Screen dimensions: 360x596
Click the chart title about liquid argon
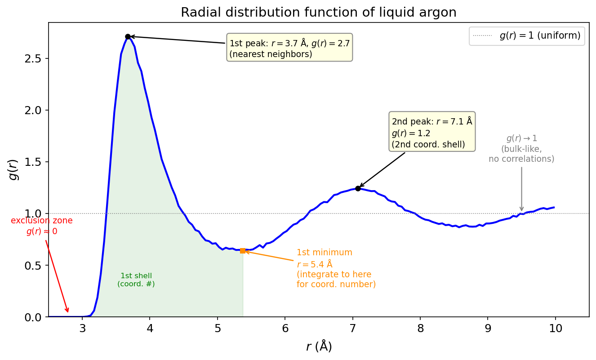(x=318, y=13)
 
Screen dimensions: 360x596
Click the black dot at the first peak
(x=128, y=36)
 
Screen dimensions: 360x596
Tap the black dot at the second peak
(x=358, y=188)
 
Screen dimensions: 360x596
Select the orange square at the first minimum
(x=243, y=251)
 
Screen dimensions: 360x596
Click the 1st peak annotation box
(x=289, y=47)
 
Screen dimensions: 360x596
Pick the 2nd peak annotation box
(x=432, y=132)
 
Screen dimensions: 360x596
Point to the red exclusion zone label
(x=42, y=226)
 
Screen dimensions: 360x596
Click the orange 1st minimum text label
(x=336, y=268)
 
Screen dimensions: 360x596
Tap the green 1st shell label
(x=136, y=280)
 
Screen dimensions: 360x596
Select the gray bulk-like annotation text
(x=521, y=149)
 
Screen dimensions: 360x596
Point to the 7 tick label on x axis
(x=353, y=329)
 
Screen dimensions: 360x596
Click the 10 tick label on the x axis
(x=556, y=329)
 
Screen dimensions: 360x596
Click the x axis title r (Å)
(x=319, y=347)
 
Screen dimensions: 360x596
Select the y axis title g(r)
(x=14, y=169)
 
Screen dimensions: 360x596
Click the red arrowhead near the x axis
(x=68, y=311)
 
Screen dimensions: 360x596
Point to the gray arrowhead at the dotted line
(x=521, y=209)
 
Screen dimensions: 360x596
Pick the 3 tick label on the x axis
(x=82, y=329)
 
